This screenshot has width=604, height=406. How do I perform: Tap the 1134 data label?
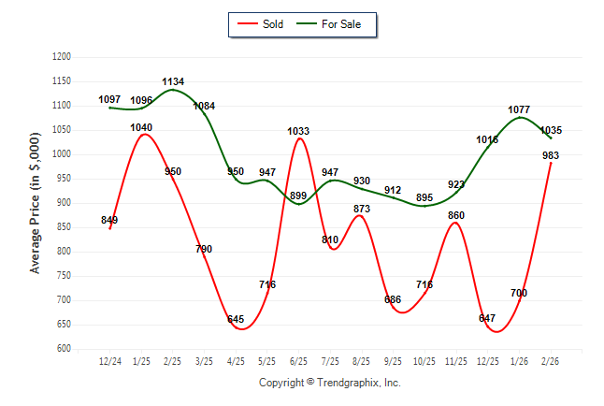click(x=173, y=82)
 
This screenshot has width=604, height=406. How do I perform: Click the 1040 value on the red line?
click(x=142, y=127)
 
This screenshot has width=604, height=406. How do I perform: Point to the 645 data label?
click(x=236, y=320)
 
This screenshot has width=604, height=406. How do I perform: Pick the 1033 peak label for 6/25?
click(x=298, y=132)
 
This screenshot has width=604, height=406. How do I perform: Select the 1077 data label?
click(x=519, y=110)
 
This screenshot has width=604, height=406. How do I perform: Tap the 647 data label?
click(x=487, y=319)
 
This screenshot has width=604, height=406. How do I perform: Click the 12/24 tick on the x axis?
click(x=110, y=360)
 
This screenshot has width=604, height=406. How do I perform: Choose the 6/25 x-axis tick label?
click(x=299, y=360)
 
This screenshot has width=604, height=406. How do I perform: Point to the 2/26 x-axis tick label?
click(x=551, y=360)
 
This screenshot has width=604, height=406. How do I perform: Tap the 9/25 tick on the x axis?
click(x=394, y=360)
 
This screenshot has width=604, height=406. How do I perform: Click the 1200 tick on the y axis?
click(x=63, y=57)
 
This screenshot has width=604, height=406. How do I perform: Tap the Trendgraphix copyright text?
click(x=329, y=383)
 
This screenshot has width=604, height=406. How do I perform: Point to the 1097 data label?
click(x=110, y=100)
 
